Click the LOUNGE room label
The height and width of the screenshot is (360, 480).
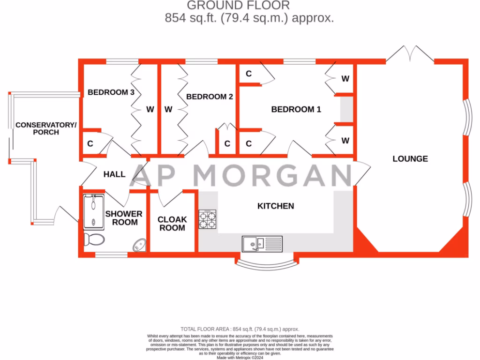point(410,158)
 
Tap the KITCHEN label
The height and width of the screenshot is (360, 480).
point(276,206)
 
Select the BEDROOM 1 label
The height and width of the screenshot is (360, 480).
point(296,109)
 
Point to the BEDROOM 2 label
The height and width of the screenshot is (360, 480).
point(210,97)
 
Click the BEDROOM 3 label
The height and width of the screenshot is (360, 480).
point(111,92)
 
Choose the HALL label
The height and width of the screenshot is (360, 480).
point(114,174)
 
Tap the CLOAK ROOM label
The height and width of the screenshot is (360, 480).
point(172,224)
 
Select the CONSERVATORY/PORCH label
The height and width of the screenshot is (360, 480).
point(46,128)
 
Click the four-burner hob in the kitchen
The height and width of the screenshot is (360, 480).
point(208,219)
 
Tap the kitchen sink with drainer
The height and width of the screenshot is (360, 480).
point(262,244)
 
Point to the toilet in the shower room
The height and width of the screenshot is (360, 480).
point(94,240)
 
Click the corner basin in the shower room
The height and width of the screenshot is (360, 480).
point(140,245)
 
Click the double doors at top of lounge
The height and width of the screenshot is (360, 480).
point(410,54)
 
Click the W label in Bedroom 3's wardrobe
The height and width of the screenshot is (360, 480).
point(150,110)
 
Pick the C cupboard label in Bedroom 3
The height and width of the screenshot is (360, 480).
point(90,144)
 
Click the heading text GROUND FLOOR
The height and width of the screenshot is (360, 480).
point(238,6)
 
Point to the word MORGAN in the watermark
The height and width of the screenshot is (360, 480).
point(273,176)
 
